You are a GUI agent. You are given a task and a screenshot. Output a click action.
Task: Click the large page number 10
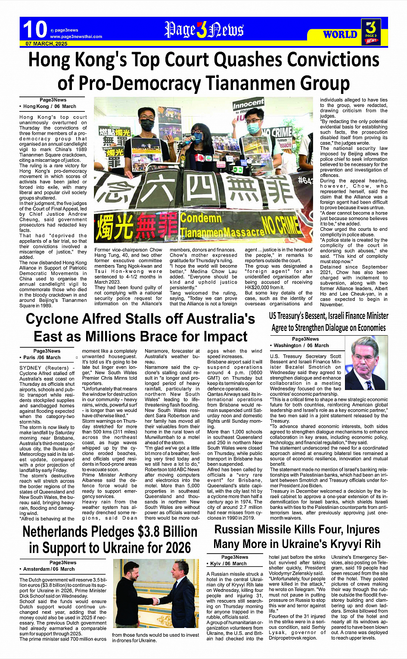point(34,30)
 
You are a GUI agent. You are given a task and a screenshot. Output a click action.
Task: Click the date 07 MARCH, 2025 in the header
point(46,44)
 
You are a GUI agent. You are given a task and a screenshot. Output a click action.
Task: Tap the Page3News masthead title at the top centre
point(204,30)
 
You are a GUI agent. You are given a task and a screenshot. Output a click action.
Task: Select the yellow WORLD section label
point(340,34)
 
